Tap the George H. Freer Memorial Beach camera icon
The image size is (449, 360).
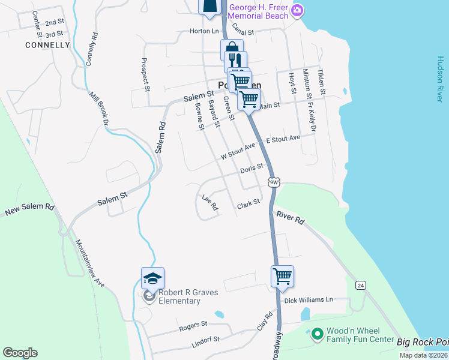(x=297, y=11)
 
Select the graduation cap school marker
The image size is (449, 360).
(x=152, y=278)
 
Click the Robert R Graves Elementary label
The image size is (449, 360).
(x=188, y=296)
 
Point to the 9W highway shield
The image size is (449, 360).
(x=274, y=182)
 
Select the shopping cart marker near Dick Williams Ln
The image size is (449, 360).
(x=282, y=277)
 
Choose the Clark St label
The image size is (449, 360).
(x=248, y=204)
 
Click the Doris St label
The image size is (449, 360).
(x=252, y=169)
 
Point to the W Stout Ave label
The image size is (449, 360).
(x=238, y=151)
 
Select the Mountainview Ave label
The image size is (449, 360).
(x=90, y=264)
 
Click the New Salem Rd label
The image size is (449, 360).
(x=29, y=209)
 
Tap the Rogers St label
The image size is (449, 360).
(x=193, y=326)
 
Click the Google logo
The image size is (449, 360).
(x=20, y=353)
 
